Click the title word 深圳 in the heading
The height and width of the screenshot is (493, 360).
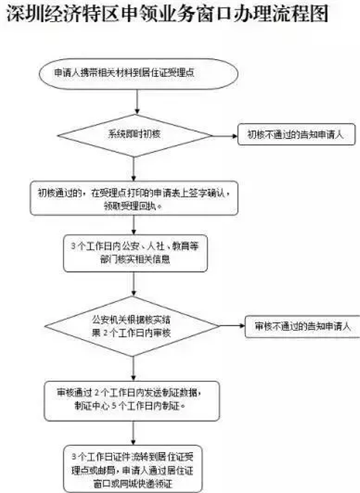25,14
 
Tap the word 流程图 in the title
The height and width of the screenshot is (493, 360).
300,14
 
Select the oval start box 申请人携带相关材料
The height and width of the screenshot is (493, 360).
138,74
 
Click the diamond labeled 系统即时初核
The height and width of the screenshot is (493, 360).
135,135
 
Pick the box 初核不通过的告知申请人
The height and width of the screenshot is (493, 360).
296,135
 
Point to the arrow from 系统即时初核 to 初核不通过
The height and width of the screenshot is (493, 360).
225,136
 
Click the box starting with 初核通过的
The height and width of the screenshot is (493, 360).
134,198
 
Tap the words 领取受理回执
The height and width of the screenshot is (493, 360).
130,206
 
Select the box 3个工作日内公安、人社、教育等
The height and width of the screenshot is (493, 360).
135,253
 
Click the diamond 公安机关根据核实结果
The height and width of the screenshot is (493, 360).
132,326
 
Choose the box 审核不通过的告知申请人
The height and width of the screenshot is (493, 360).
302,326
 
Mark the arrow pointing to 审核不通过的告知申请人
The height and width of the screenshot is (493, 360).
232,325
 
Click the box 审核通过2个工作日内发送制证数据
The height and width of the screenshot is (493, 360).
132,401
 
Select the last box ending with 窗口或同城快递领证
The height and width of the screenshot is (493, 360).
132,469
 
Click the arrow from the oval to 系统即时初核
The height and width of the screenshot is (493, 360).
137,102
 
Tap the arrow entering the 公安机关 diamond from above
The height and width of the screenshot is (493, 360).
134,284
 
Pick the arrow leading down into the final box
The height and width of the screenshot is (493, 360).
133,433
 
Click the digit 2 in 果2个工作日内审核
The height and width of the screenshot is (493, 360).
106,333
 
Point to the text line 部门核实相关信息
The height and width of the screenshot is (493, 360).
135,259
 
